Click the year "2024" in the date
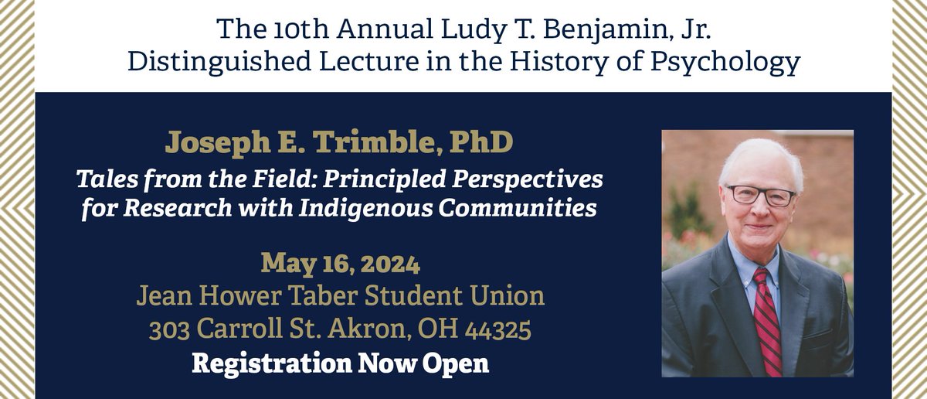(x=384, y=264)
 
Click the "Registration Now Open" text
(x=340, y=363)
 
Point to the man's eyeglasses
(x=759, y=194)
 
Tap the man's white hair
(x=759, y=154)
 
